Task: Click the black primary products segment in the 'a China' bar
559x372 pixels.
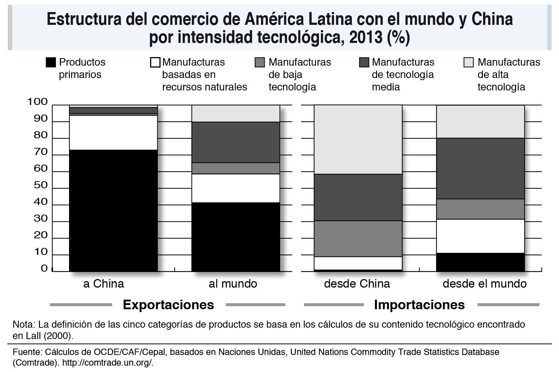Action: pyautogui.click(x=113, y=211)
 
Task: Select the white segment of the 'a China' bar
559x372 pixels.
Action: pyautogui.click(x=113, y=133)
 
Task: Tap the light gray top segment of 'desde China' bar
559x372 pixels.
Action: pyautogui.click(x=358, y=139)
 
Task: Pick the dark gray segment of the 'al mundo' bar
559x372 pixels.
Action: pyautogui.click(x=236, y=142)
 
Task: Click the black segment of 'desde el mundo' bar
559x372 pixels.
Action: pyautogui.click(x=480, y=262)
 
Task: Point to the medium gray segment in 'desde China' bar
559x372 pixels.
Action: pyautogui.click(x=358, y=238)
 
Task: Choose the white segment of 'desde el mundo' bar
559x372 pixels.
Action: pyautogui.click(x=480, y=236)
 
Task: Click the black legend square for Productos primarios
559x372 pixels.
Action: pyautogui.click(x=51, y=63)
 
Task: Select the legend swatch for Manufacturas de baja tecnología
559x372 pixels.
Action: pyautogui.click(x=260, y=63)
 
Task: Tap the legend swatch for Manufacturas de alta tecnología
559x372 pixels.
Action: pyautogui.click(x=469, y=63)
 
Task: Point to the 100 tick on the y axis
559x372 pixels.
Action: pyautogui.click(x=38, y=102)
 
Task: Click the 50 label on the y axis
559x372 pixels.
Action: pyautogui.click(x=40, y=185)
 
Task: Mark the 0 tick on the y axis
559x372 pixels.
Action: pyautogui.click(x=44, y=268)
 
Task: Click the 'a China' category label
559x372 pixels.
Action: pyautogui.click(x=104, y=284)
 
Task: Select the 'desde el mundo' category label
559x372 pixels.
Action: pyautogui.click(x=485, y=284)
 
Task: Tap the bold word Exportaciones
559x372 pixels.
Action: pyautogui.click(x=168, y=305)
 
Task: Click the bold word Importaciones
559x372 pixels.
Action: pyautogui.click(x=419, y=305)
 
